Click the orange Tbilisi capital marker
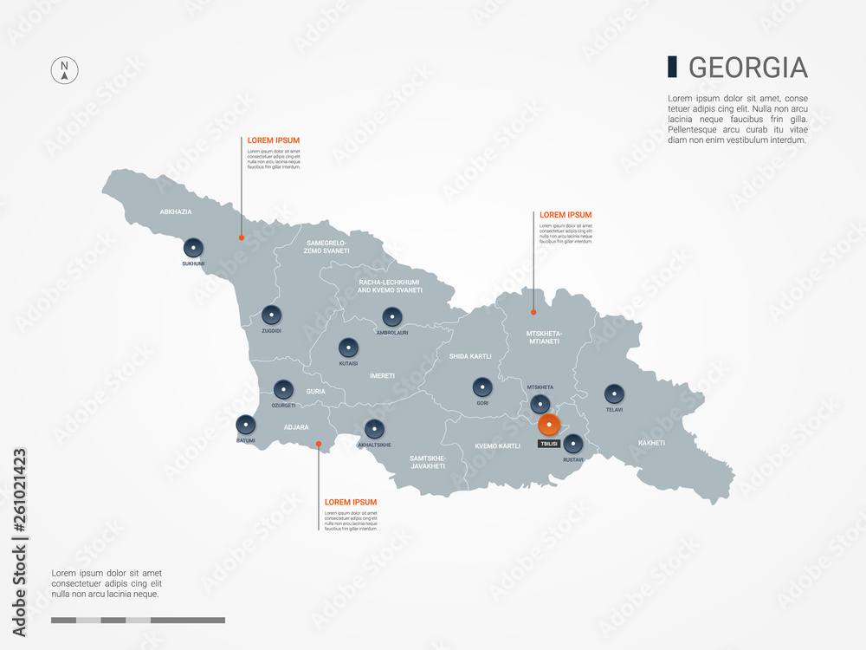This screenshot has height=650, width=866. pos(548,425)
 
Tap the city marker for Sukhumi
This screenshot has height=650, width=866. pos(193,248)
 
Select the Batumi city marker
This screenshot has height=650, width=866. pos(247,426)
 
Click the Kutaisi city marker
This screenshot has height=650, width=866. pos(348,348)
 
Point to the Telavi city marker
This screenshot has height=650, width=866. pos(615,394)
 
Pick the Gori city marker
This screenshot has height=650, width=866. pos(482,387)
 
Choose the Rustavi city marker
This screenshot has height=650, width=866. pos(572,445)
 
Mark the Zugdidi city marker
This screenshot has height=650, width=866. pos(272,315)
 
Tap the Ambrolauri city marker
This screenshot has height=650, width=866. pos(392,317)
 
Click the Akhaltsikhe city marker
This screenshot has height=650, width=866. pos(374,429)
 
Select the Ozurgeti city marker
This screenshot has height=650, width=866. pos(283,390)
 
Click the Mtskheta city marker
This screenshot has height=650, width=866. pos(540,404)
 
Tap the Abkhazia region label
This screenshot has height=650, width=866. pos(176,211)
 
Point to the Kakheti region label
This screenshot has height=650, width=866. pos(651,443)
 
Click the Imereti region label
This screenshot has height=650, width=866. pos(382,376)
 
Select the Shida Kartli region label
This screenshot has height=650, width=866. pos(470,356)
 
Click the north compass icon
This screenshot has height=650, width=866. pos(64,70)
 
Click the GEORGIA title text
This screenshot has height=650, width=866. pos(747,68)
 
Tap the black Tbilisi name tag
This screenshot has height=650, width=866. pos(548,443)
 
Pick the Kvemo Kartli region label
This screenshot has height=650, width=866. pos(497,446)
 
